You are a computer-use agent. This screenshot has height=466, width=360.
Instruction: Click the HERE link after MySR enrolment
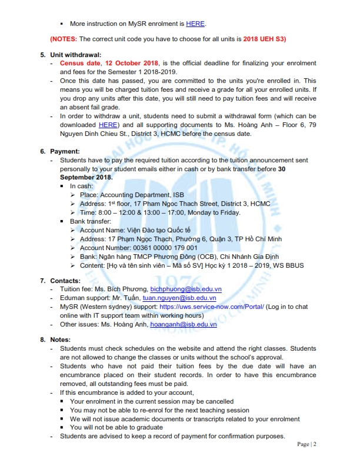[x=196, y=24]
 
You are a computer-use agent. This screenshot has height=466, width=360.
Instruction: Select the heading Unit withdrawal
[x=78, y=55]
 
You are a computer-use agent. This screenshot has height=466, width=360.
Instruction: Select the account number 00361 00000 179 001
[x=146, y=248]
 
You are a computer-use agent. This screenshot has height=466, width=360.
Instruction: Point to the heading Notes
[x=61, y=340]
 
